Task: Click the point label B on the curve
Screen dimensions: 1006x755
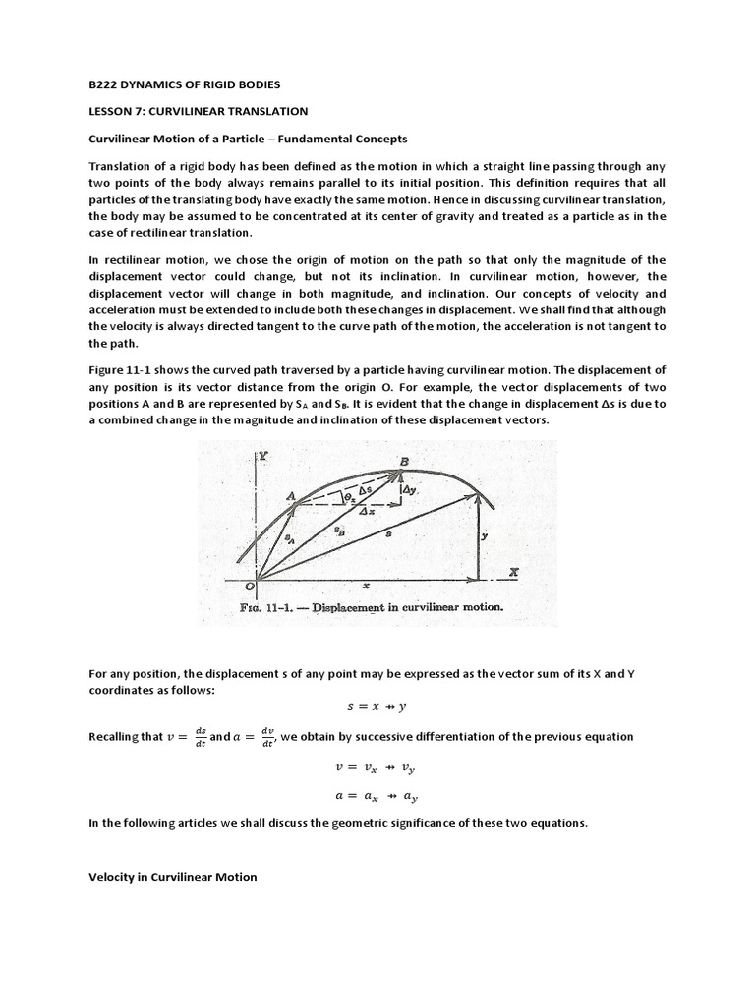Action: (404, 461)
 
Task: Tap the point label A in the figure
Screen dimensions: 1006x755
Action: (291, 498)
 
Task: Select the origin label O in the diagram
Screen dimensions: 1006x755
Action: (251, 587)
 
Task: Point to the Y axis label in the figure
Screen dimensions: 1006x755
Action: (263, 457)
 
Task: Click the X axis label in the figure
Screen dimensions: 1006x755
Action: (512, 571)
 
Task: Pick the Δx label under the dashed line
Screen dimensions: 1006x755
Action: (366, 512)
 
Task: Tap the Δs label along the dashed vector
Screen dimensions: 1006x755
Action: (364, 488)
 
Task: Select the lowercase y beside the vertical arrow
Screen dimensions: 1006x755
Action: (485, 536)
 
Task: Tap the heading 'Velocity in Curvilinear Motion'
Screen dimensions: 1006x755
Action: (173, 877)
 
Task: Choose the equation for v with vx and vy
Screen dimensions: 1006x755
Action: (377, 768)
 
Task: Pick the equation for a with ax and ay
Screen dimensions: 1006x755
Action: (377, 797)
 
